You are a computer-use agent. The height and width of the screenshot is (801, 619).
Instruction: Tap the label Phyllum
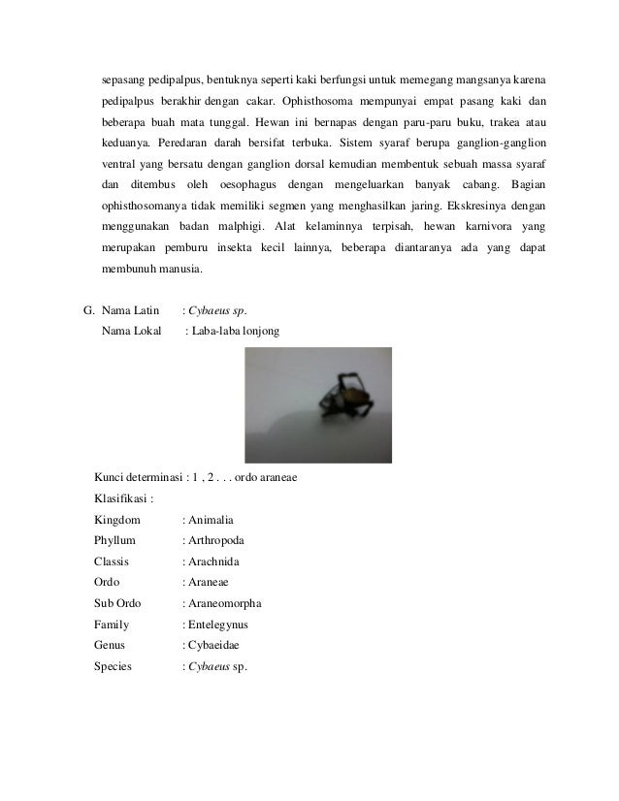115,540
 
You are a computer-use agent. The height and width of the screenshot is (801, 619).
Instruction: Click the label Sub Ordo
118,603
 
